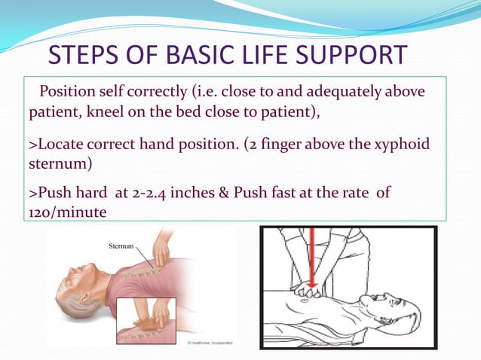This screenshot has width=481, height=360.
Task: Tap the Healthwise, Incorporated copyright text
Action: [210, 343]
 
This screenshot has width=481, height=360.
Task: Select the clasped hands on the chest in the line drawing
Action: [311, 291]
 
